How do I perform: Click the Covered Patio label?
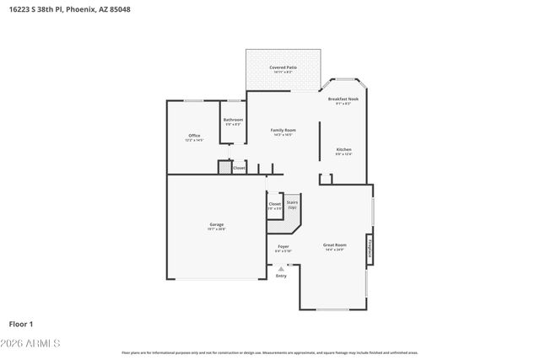[283, 67]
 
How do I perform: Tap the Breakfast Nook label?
[343, 99]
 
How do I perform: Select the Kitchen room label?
[343, 149]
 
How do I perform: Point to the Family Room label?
[283, 130]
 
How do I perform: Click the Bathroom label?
[233, 120]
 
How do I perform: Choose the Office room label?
[194, 136]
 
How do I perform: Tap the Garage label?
[217, 224]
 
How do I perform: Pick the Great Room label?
[334, 245]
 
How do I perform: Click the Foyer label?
[283, 246]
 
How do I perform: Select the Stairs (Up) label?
[292, 204]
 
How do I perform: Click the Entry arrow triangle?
[281, 269]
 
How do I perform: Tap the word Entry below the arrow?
[281, 276]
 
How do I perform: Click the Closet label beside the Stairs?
[274, 205]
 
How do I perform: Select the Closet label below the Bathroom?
[239, 168]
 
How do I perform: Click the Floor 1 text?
[20, 324]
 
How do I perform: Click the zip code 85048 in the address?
[119, 9]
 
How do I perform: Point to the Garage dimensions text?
[217, 229]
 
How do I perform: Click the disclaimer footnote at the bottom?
[269, 352]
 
